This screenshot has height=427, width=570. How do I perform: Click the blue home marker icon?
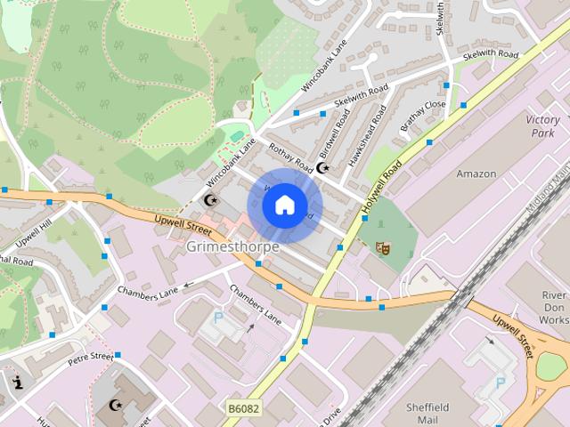[283, 205]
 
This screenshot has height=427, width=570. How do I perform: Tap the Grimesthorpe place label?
[232, 246]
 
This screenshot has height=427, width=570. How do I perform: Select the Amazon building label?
[476, 174]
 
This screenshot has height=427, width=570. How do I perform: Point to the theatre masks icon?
[383, 249]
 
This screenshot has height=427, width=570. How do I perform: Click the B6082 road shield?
[243, 408]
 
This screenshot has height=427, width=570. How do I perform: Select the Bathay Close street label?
[422, 117]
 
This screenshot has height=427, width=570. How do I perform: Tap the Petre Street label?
[91, 359]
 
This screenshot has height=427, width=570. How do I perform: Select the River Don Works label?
[553, 308]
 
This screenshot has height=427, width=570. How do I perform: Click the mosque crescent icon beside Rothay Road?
[322, 166]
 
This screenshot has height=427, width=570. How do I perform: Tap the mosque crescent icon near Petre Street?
[114, 407]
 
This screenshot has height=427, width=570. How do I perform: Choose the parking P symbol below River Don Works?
[500, 383]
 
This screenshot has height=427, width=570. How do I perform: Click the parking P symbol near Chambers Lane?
[218, 318]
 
